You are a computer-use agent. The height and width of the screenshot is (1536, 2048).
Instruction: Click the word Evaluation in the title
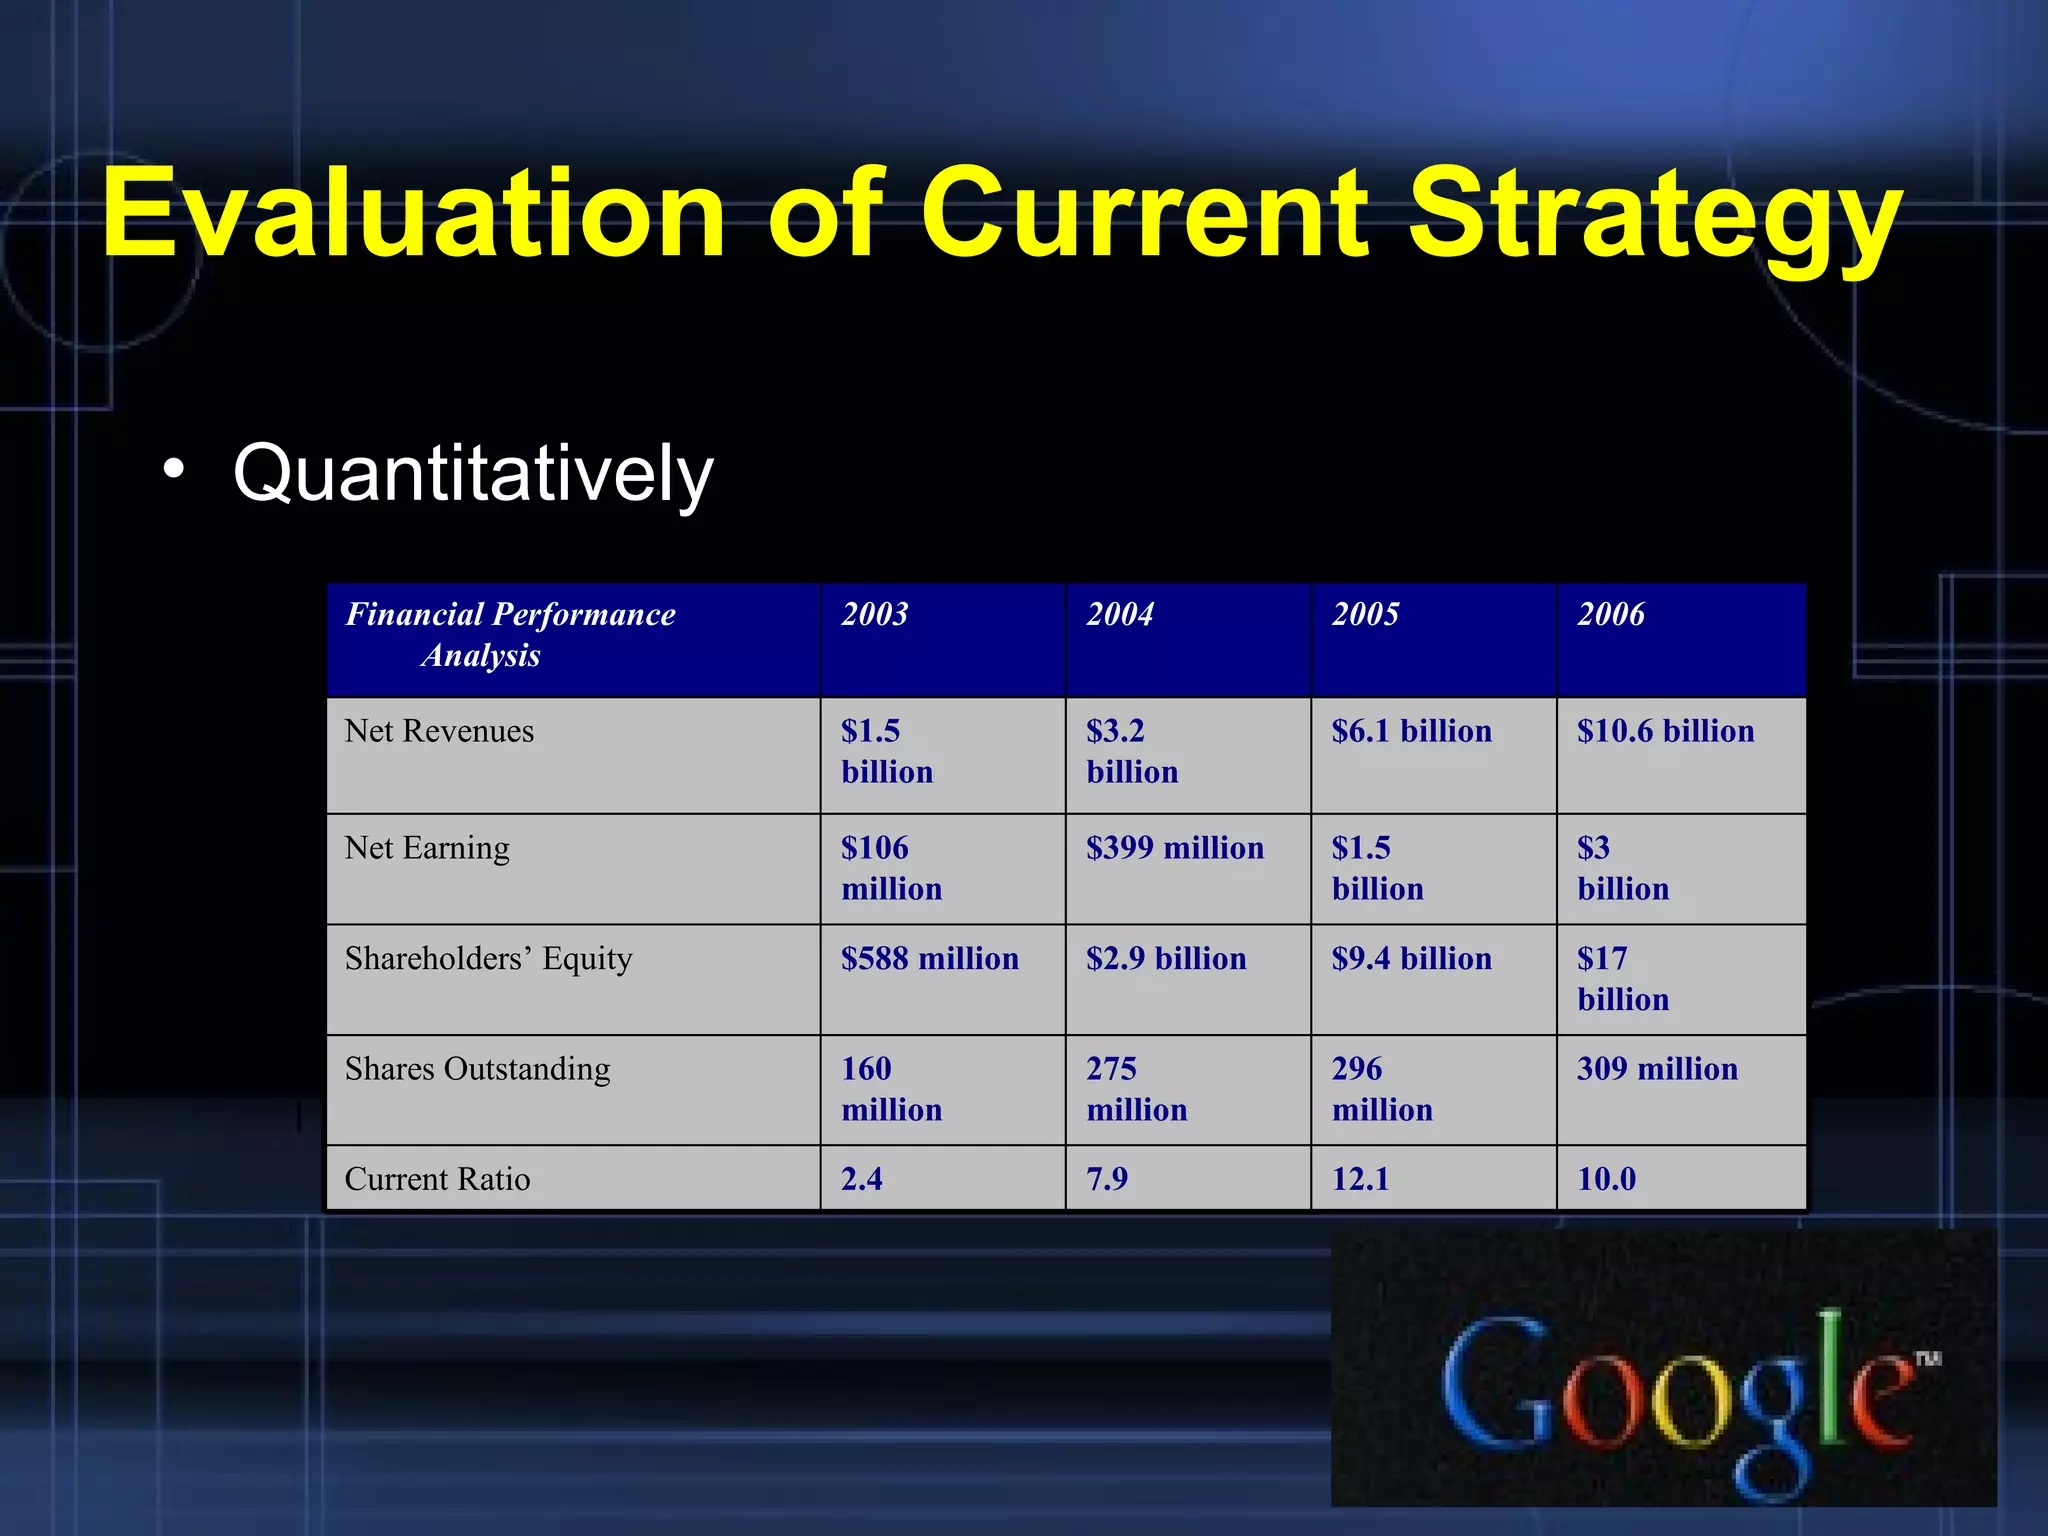[x=413, y=215]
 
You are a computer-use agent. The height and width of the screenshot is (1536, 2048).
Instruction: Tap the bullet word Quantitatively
[x=473, y=473]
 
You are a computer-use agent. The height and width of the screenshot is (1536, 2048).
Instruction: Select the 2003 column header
[x=875, y=614]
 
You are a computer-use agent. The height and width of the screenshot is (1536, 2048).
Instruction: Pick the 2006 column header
[x=1611, y=614]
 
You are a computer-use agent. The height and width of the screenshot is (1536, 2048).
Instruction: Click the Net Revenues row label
[x=439, y=731]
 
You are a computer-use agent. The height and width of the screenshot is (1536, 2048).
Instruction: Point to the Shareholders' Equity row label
[x=488, y=959]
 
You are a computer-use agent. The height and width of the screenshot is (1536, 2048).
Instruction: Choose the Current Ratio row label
[x=437, y=1179]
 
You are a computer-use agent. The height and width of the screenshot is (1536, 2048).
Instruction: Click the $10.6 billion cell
[x=1665, y=731]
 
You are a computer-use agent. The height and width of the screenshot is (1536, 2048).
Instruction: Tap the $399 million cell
[x=1175, y=848]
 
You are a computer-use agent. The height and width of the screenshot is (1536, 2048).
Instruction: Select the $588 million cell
[x=930, y=959]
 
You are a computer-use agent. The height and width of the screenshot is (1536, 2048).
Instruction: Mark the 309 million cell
[x=1657, y=1069]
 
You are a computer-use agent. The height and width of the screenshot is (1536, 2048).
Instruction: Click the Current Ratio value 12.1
[x=1361, y=1179]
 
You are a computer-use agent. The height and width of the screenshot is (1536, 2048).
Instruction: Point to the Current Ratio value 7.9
[x=1107, y=1179]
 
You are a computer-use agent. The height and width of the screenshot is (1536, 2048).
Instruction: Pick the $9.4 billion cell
[x=1411, y=959]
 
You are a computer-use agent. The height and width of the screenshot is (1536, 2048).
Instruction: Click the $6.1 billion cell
[x=1411, y=731]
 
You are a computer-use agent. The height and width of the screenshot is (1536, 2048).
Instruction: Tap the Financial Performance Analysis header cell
[x=510, y=635]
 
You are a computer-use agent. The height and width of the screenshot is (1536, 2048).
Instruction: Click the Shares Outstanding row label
[x=477, y=1069]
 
